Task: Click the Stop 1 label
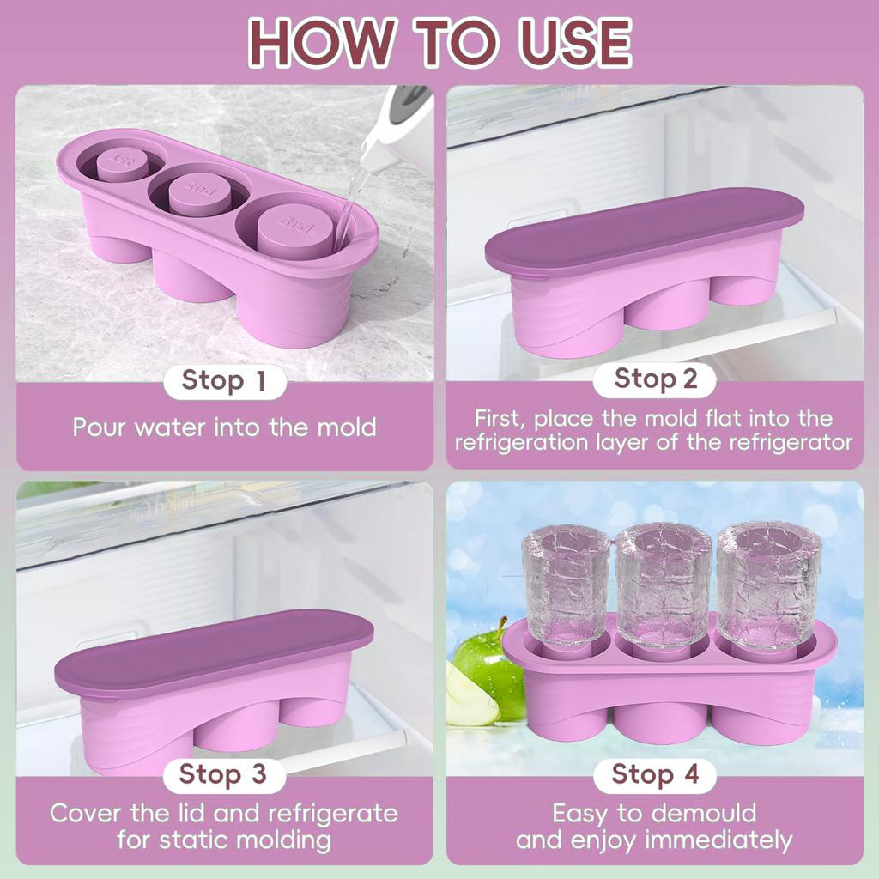[225, 382]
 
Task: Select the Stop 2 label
[655, 379]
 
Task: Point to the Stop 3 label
[224, 775]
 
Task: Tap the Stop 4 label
[655, 775]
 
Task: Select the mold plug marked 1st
[122, 163]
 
